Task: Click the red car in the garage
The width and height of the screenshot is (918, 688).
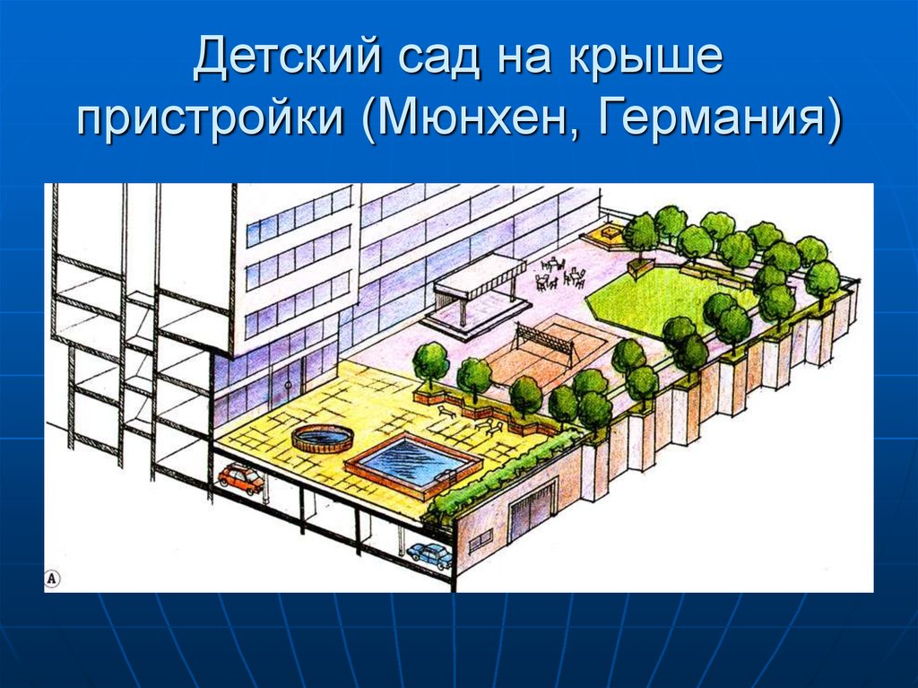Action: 241,477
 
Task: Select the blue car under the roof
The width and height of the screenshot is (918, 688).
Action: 429,555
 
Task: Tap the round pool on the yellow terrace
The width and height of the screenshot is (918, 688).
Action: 322,439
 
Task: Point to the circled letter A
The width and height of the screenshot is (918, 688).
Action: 52,579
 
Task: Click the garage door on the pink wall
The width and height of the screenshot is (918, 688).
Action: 533,510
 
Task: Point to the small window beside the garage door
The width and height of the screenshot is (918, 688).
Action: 481,538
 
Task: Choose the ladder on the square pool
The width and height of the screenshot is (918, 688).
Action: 445,477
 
